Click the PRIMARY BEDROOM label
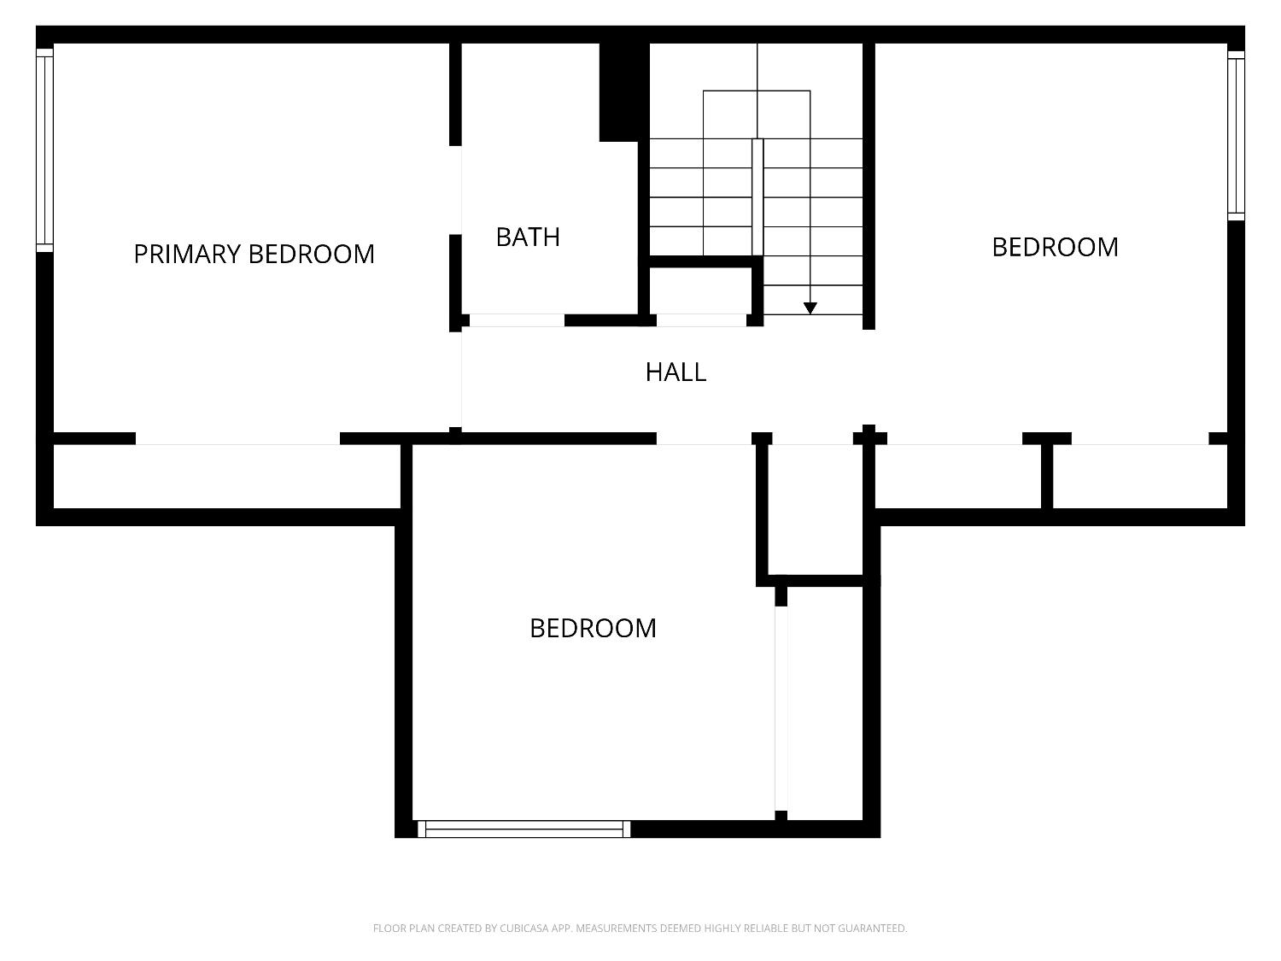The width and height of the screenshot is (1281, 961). (254, 254)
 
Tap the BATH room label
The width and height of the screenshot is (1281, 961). (528, 237)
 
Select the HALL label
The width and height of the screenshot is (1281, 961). (676, 372)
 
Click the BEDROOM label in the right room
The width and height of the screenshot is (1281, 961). (1055, 247)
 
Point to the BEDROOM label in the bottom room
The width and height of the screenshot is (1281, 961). (593, 629)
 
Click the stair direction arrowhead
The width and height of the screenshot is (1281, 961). (810, 308)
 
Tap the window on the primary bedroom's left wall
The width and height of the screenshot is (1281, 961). (44, 150)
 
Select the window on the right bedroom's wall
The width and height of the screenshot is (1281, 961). (1236, 135)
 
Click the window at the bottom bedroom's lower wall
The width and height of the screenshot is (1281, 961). (524, 829)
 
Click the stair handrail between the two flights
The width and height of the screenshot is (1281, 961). (757, 196)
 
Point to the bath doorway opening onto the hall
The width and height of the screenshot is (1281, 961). (517, 320)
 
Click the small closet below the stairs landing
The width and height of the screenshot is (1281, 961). (700, 290)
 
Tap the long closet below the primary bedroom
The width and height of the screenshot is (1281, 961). (226, 476)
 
